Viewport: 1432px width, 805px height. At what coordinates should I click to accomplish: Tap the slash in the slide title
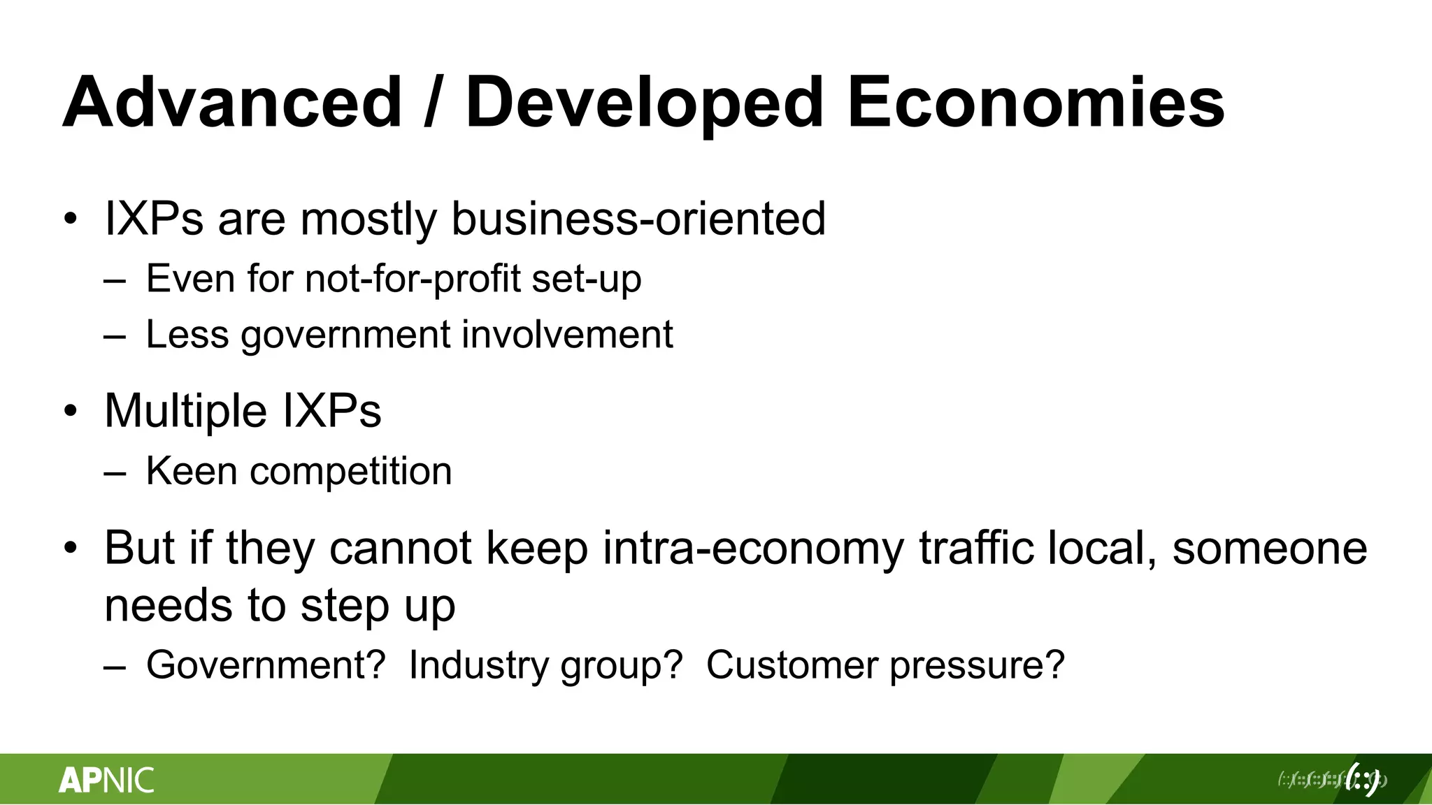[x=434, y=103]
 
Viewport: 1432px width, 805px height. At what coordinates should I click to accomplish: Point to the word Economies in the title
[x=1036, y=103]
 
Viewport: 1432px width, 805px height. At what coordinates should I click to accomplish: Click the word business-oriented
[x=638, y=219]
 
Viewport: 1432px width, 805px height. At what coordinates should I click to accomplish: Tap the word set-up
[x=586, y=280]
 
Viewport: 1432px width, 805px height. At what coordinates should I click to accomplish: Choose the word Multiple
[x=185, y=411]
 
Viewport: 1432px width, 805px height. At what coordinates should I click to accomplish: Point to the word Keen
[x=192, y=471]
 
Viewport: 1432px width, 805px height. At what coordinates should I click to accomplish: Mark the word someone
[x=1269, y=549]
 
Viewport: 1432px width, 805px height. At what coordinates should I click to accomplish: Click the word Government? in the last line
[x=266, y=665]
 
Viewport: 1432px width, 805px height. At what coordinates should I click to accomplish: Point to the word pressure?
[x=977, y=666]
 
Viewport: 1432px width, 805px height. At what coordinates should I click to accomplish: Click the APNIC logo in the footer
[x=106, y=780]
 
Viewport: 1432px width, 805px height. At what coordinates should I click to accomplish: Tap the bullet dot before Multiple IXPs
[x=70, y=411]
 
